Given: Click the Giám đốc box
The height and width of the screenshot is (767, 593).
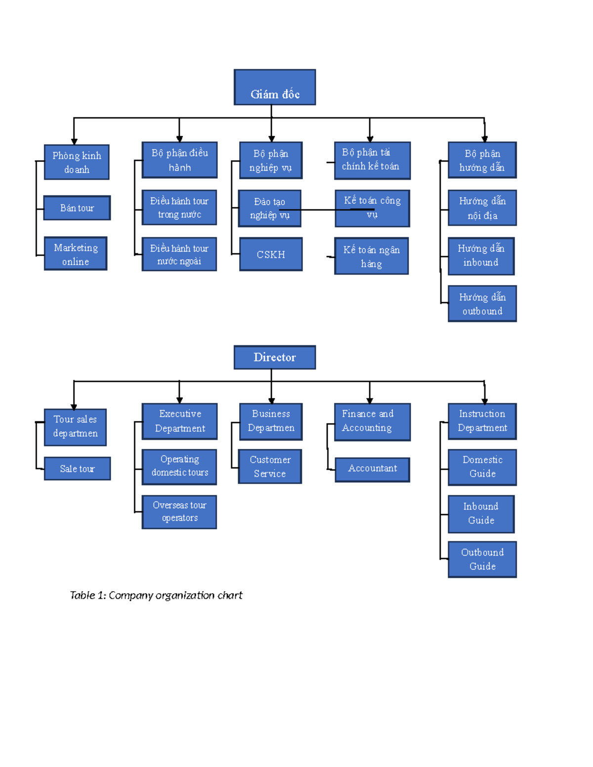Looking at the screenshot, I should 275,87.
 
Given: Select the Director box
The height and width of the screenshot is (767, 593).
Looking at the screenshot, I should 275,357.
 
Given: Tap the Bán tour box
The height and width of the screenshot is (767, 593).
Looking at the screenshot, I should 77,208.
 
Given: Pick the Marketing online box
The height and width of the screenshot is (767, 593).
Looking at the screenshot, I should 76,254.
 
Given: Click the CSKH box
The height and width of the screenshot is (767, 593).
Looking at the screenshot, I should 271,254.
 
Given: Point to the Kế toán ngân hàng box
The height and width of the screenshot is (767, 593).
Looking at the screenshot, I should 372,256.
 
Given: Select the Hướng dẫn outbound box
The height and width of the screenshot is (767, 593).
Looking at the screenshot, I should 482,304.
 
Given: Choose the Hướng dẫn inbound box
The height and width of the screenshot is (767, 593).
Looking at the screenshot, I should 481,256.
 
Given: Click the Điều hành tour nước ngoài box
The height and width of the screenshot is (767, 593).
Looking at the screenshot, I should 179,254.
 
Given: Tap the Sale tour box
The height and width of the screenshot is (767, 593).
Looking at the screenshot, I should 77,469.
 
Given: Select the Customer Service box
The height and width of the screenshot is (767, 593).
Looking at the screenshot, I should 270,466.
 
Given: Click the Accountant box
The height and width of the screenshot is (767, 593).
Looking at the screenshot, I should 373,469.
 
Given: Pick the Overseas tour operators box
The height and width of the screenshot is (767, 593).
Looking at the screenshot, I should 179,512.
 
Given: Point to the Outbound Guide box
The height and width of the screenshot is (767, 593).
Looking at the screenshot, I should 482,559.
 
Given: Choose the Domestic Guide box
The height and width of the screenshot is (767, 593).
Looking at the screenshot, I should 482,467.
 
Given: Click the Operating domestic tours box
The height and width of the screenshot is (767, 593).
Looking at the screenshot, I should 179,466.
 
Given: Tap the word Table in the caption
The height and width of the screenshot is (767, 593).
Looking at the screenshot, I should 82,595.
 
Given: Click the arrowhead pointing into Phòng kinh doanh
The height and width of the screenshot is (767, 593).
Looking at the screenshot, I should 74,141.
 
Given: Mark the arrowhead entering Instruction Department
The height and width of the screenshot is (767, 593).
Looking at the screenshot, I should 484,401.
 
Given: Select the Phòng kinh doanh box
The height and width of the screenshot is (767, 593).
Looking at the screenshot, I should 77,162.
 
